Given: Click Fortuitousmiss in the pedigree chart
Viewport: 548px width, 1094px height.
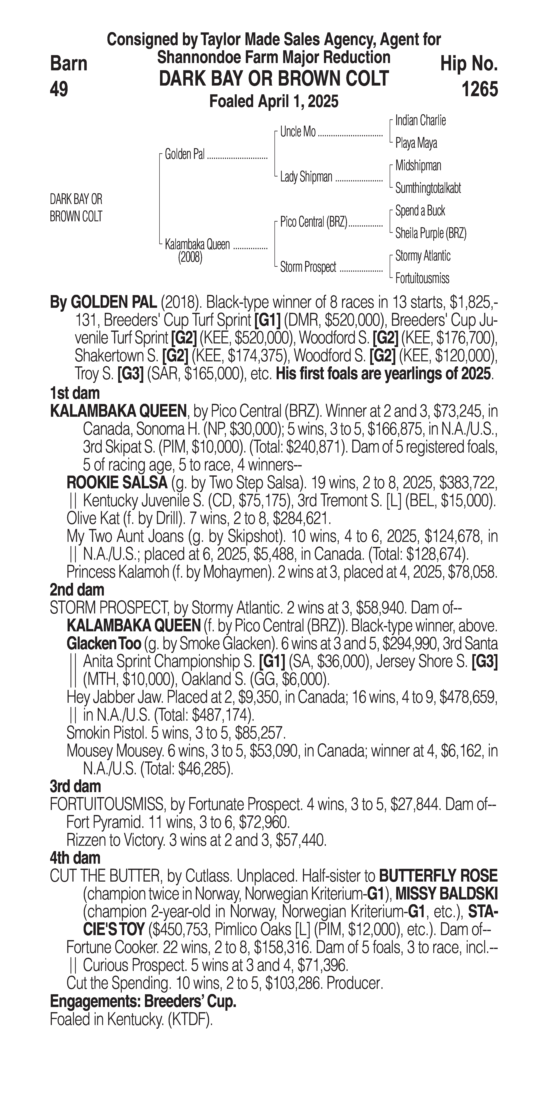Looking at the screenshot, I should click(422, 279).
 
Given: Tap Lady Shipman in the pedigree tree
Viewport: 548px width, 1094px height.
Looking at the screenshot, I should click(306, 177).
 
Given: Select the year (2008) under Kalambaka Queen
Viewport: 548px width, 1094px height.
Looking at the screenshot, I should click(190, 257).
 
